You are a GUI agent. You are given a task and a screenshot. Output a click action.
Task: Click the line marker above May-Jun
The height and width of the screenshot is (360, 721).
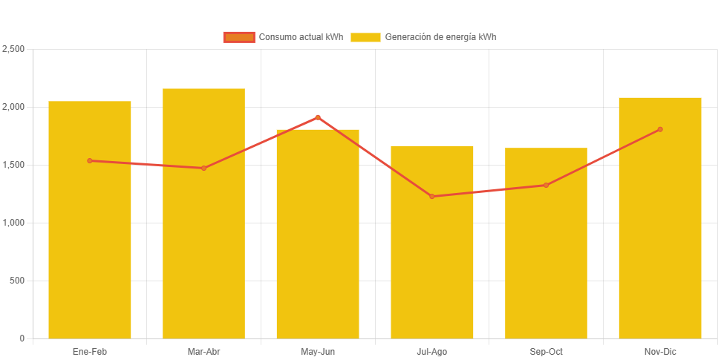318,117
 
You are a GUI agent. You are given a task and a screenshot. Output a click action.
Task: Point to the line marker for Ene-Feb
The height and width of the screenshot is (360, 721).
90,160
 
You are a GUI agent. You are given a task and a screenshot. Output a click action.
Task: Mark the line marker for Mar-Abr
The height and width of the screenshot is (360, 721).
203,168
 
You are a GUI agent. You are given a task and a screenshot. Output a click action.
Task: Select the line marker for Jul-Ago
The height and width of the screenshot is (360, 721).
431,197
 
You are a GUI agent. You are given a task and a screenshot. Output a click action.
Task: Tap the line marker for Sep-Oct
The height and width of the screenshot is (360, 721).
546,185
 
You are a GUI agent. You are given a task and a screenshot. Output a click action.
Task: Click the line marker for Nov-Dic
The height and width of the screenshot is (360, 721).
659,129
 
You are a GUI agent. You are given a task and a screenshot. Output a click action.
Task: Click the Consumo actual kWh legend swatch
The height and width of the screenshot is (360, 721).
239,37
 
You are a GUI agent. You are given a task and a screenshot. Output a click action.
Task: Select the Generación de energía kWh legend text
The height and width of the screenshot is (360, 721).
440,37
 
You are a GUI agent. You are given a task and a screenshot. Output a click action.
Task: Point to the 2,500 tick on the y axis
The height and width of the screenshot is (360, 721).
14,49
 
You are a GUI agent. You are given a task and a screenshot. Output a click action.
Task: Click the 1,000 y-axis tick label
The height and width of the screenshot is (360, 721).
14,223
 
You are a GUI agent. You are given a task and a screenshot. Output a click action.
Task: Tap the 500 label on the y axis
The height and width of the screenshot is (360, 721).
18,281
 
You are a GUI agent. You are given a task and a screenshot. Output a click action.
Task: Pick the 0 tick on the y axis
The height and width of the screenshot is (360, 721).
22,338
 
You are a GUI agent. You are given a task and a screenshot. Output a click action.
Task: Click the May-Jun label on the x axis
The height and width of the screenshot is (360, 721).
318,352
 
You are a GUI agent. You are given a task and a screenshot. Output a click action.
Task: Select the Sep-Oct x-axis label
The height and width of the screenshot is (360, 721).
546,352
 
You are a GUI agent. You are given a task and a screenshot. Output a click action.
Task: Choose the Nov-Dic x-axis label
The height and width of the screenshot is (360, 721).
659,352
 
